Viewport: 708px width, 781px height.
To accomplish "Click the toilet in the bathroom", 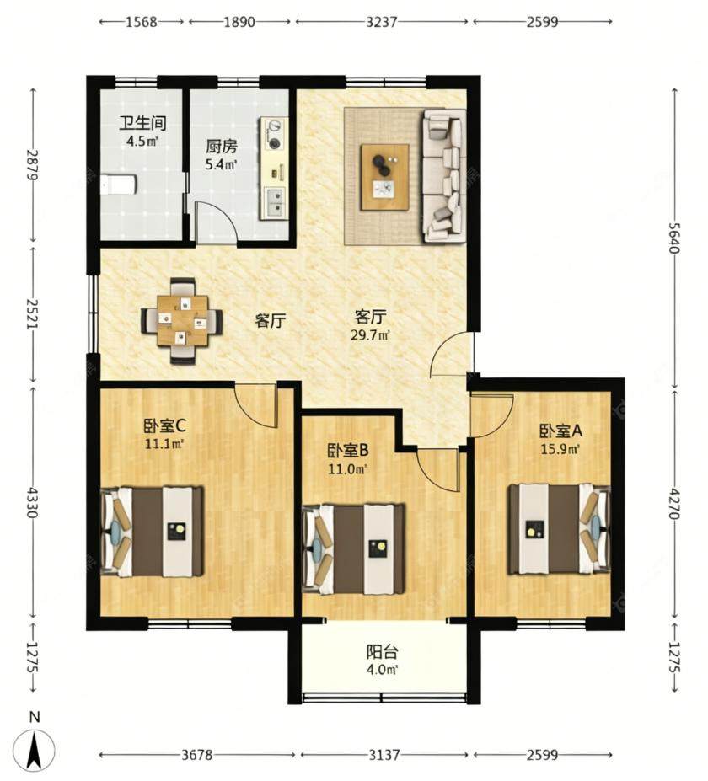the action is click(x=118, y=185).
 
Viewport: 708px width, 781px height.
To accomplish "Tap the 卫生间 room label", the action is click(x=142, y=123).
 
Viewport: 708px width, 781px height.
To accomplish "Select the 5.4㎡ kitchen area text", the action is click(x=220, y=164).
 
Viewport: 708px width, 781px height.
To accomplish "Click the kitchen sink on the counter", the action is click(x=273, y=203).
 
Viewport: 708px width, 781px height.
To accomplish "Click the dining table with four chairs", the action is click(x=182, y=321).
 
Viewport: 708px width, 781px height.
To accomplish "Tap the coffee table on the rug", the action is click(x=385, y=177).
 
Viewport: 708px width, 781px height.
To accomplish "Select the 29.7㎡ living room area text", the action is click(x=370, y=334).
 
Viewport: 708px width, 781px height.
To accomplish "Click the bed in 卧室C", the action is click(x=152, y=532).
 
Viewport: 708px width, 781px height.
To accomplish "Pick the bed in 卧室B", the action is click(x=354, y=549).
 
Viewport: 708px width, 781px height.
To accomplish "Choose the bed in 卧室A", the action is click(x=559, y=529).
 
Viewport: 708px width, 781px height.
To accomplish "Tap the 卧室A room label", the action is click(x=560, y=431).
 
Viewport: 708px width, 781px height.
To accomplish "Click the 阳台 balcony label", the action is click(x=382, y=652).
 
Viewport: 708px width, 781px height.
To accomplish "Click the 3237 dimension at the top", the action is click(x=382, y=21).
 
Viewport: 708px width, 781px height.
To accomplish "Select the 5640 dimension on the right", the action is click(x=673, y=237).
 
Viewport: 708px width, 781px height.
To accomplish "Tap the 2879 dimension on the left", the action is click(x=34, y=164).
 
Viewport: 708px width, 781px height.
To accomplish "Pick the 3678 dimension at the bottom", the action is click(x=196, y=755).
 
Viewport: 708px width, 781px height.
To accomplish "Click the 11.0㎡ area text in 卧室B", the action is click(x=347, y=468).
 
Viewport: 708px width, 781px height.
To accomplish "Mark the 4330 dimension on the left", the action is click(x=34, y=503).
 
